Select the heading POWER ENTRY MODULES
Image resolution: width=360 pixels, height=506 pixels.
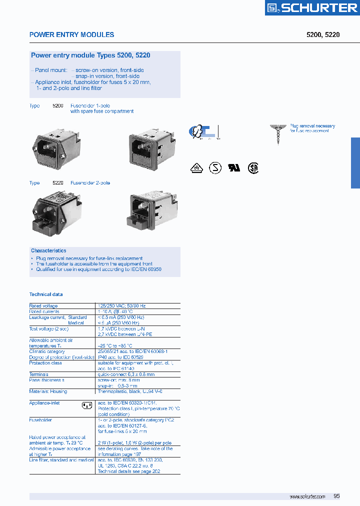click(x=71, y=35)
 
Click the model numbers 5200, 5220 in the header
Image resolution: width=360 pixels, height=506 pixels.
click(x=322, y=35)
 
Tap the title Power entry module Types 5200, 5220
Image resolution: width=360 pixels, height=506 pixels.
click(x=90, y=56)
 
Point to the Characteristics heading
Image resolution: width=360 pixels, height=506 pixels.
click(x=48, y=250)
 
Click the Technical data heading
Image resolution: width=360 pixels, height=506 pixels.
click(x=46, y=294)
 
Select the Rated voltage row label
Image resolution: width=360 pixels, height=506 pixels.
click(x=43, y=305)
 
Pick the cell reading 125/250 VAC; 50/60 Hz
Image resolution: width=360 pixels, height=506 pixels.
click(x=122, y=305)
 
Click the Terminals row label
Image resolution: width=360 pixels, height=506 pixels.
click(x=39, y=374)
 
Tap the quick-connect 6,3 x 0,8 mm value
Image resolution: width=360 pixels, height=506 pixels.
click(x=126, y=374)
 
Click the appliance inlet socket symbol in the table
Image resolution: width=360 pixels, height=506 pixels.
click(x=87, y=405)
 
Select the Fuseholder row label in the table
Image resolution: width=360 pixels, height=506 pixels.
click(x=40, y=420)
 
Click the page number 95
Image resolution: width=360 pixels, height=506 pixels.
click(x=336, y=496)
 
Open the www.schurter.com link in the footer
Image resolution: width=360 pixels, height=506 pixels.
click(x=307, y=496)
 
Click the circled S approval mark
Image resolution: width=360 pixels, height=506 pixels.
click(x=214, y=167)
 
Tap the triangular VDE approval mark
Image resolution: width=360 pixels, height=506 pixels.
click(x=196, y=168)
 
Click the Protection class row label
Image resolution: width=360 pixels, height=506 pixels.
click(x=45, y=363)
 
